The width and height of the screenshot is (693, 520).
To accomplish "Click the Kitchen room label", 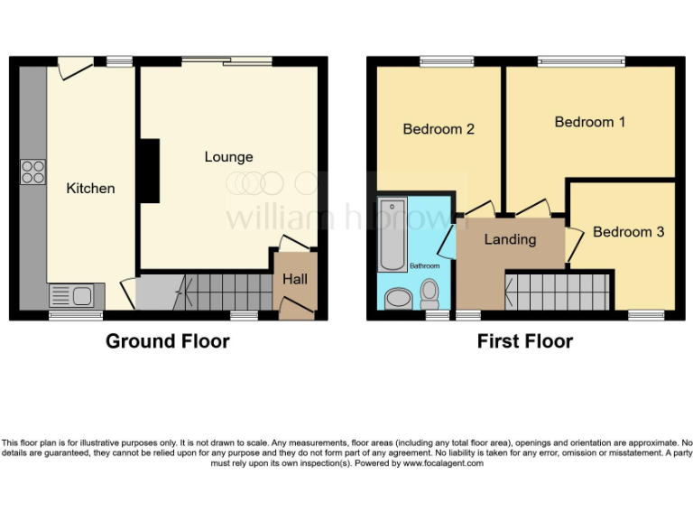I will click(91, 188).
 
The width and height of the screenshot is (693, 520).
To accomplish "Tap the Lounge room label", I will click(228, 157).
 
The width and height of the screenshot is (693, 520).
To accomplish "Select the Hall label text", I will click(295, 280).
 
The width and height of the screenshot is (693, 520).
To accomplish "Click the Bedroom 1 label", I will click(589, 122).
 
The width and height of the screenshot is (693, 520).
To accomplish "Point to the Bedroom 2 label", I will click(439, 129).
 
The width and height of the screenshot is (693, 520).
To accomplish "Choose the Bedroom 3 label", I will click(628, 232).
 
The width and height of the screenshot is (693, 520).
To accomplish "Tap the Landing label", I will click(510, 239).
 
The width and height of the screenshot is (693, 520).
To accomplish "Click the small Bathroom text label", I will click(425, 266).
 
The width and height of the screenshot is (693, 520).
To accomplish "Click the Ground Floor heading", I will click(167, 341).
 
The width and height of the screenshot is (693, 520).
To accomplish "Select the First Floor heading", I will click(524, 341).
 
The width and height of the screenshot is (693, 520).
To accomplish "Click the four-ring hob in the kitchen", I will click(33, 172).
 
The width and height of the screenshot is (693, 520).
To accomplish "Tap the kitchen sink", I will click(71, 295).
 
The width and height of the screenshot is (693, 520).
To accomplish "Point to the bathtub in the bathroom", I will click(393, 235).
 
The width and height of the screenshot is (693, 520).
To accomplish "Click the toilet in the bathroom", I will click(430, 292).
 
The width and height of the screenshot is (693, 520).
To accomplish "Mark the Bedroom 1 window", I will click(580, 61).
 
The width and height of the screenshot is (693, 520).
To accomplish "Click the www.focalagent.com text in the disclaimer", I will click(442, 463).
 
